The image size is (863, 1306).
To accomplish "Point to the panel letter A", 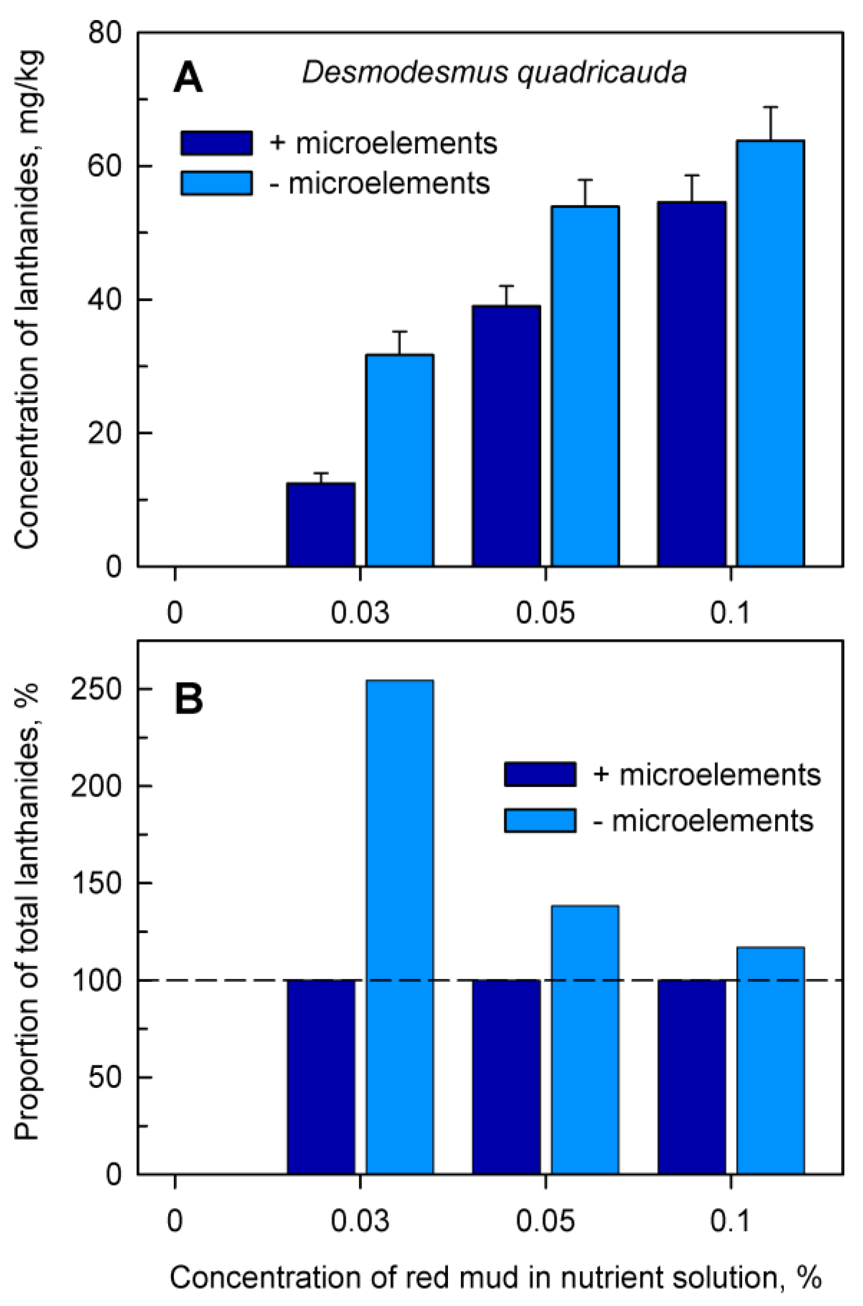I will [x=188, y=79].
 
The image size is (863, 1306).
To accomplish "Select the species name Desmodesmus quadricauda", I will [x=494, y=73].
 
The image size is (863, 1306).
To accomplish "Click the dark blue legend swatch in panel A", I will [x=217, y=143].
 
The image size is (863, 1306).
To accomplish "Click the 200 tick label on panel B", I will [x=96, y=787].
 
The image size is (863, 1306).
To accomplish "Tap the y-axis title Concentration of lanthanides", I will [x=28, y=300].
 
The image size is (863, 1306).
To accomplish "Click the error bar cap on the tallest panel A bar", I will [x=770, y=107].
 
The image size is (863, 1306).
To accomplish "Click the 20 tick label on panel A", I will [x=105, y=433].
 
